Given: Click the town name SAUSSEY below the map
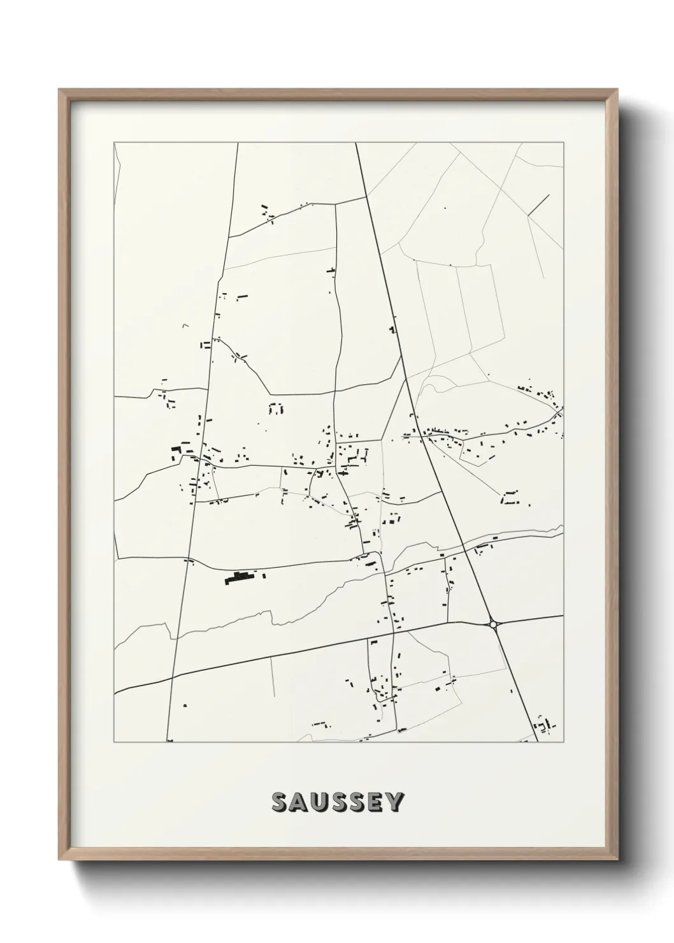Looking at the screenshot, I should pyautogui.click(x=337, y=802).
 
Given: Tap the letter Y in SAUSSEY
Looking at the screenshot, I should pyautogui.click(x=394, y=802).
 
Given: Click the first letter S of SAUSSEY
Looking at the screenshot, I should pyautogui.click(x=279, y=802).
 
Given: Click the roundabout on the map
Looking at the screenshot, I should pyautogui.click(x=493, y=624).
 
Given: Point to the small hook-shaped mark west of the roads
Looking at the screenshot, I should pyautogui.click(x=185, y=326).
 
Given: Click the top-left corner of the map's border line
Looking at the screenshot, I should pyautogui.click(x=114, y=143).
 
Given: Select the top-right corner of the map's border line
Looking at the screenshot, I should pyautogui.click(x=563, y=143).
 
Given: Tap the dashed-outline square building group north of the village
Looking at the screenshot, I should pyautogui.click(x=276, y=408).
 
